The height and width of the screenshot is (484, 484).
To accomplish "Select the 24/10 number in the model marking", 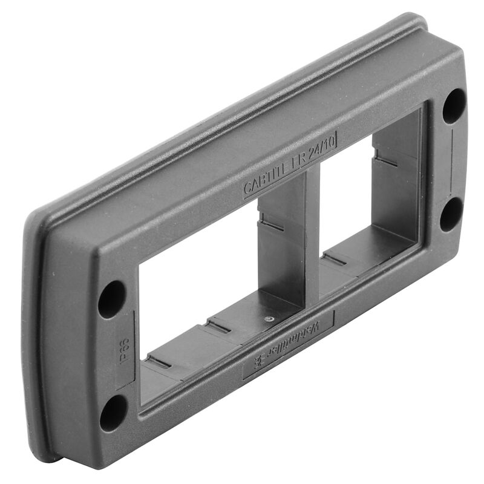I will pos(319,149).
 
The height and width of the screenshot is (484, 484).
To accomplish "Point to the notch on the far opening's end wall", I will pos(385,159).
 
